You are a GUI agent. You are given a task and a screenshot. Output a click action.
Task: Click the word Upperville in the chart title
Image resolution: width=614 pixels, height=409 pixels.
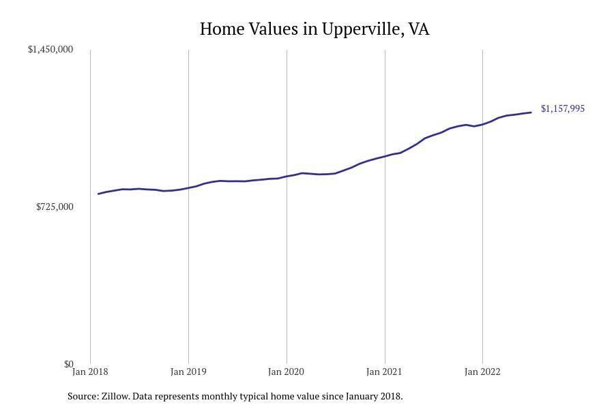tap(362, 29)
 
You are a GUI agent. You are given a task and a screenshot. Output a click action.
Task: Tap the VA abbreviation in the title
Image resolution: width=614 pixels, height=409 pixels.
tap(419, 29)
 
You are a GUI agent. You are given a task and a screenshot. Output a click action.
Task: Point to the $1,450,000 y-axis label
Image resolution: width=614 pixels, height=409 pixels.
tap(50, 50)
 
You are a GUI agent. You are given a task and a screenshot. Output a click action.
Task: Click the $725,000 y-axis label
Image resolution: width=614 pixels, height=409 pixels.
tap(55, 207)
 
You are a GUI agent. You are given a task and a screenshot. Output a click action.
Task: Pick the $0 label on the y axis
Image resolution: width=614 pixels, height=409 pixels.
tap(68, 364)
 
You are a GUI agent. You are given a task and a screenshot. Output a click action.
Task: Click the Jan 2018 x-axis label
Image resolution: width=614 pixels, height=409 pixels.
tap(90, 372)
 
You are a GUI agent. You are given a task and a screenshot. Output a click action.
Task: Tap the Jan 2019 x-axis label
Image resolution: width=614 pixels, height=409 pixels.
tap(188, 372)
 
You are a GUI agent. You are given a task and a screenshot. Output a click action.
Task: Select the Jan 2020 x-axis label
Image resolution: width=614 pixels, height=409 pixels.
tap(287, 372)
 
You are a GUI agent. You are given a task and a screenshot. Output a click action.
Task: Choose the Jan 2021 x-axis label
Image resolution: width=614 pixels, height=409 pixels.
tap(385, 372)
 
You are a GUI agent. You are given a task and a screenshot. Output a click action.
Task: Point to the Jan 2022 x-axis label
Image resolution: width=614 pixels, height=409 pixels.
tap(482, 372)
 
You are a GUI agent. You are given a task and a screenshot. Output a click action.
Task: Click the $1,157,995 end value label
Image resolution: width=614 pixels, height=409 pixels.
tap(563, 108)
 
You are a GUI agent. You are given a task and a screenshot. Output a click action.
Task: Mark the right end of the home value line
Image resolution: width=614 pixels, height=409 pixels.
tap(531, 112)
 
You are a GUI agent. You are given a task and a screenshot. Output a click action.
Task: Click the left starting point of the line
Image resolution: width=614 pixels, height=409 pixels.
tap(99, 194)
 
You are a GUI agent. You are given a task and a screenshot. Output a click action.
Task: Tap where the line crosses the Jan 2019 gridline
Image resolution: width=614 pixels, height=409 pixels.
tap(188, 187)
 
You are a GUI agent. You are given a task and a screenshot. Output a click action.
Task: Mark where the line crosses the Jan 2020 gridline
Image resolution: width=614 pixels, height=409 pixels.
tap(287, 176)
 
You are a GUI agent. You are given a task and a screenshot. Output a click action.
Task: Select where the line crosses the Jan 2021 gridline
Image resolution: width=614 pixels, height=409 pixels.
tap(385, 156)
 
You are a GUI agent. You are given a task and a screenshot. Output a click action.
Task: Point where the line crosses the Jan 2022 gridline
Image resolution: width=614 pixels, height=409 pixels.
tap(482, 124)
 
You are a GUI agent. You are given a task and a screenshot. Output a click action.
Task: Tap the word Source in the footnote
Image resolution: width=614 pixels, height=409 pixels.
tap(82, 396)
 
